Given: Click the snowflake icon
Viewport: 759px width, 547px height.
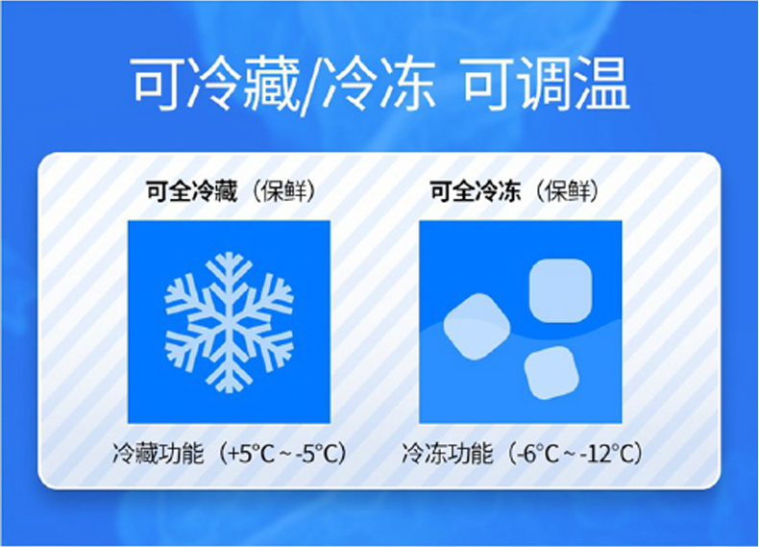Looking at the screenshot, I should (x=229, y=321).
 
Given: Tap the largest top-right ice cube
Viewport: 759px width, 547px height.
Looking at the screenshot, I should (x=559, y=290).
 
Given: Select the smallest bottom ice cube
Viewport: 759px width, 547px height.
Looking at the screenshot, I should (x=551, y=373).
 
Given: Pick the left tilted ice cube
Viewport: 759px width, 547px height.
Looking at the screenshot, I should (x=476, y=327).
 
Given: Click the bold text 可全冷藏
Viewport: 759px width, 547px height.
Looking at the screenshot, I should (x=191, y=191).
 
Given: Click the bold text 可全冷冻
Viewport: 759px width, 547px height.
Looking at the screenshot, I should (x=475, y=191).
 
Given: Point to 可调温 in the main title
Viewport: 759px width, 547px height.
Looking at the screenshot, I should (x=546, y=87).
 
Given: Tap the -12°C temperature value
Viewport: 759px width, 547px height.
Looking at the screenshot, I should (x=603, y=453).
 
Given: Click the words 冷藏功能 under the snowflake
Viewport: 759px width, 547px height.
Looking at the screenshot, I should (x=158, y=453).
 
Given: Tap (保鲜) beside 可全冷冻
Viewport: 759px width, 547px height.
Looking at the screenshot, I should (x=567, y=191).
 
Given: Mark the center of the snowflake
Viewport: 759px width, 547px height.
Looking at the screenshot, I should (x=229, y=321).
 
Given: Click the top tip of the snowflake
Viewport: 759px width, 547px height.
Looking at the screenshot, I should (x=229, y=256).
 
